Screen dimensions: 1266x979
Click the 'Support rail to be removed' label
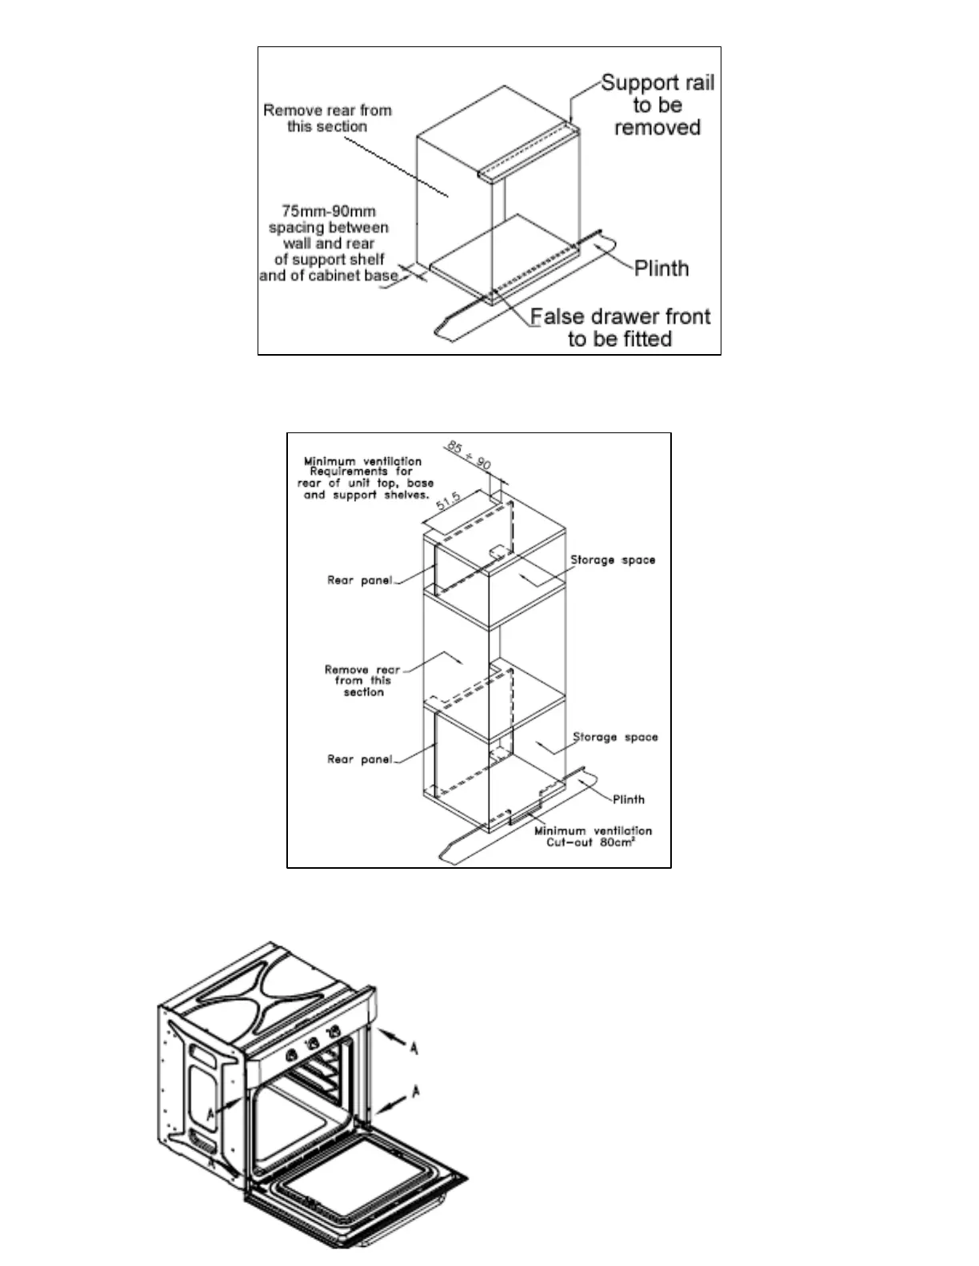click(657, 105)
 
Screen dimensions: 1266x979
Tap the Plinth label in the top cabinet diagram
click(661, 269)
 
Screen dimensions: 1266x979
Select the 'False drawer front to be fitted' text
click(621, 328)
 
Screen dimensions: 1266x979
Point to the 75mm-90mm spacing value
click(329, 212)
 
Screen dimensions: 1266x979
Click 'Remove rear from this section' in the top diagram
click(327, 118)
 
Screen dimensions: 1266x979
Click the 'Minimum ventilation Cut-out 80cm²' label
click(593, 837)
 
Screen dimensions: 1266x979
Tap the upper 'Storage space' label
click(613, 560)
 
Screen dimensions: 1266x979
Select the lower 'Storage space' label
click(615, 737)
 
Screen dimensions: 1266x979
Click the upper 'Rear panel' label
click(359, 580)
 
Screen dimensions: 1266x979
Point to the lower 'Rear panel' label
click(359, 759)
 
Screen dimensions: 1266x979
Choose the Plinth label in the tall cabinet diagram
click(628, 799)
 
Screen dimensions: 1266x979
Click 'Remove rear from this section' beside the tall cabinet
click(363, 681)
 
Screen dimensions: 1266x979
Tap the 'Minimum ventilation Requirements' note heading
click(362, 466)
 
